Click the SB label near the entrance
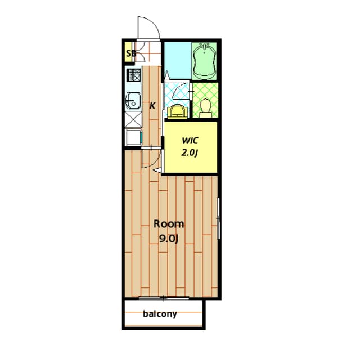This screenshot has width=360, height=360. pos(130,53)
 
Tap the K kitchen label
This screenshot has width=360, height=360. pos(152,106)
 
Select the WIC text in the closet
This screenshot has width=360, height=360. pos(190,141)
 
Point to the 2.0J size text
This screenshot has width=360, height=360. pos(190,152)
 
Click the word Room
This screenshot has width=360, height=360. pos(169,224)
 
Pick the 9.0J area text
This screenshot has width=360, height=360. pos(169,239)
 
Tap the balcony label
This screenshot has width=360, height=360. pos(160,314)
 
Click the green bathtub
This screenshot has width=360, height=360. pos(204,61)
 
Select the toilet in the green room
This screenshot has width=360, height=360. pos(205,108)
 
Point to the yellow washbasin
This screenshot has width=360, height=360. pos(177,111)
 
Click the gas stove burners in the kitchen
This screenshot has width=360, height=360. pos(133,75)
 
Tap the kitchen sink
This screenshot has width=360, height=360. pos(133,101)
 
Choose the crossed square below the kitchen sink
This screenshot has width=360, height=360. pos(133,119)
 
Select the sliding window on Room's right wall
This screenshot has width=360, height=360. pos(218,218)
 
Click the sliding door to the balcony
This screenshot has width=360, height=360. pos(164,299)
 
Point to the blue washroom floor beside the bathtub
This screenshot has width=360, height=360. pos(178,61)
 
